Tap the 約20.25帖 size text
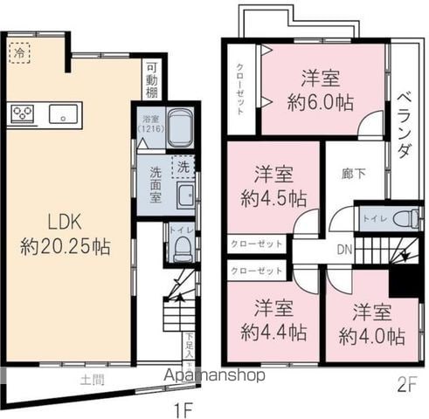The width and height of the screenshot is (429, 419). pos(65,246)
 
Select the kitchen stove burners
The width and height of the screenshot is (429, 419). pos(22,113)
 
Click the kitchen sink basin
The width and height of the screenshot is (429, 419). pos(63,113)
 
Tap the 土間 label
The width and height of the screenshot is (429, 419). pos(92,379)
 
